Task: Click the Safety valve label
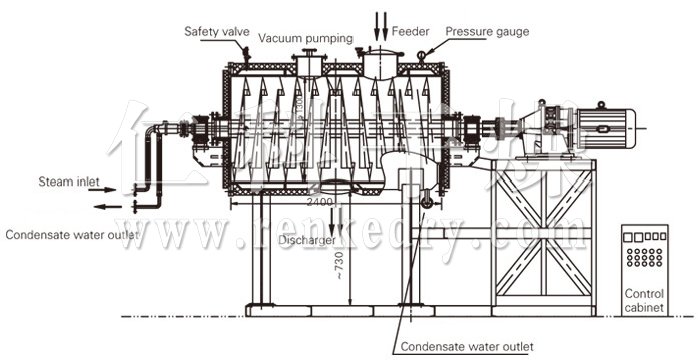tap(216, 31)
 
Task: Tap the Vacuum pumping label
tap(306, 38)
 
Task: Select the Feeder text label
tap(411, 31)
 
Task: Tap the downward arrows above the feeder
tap(381, 20)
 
